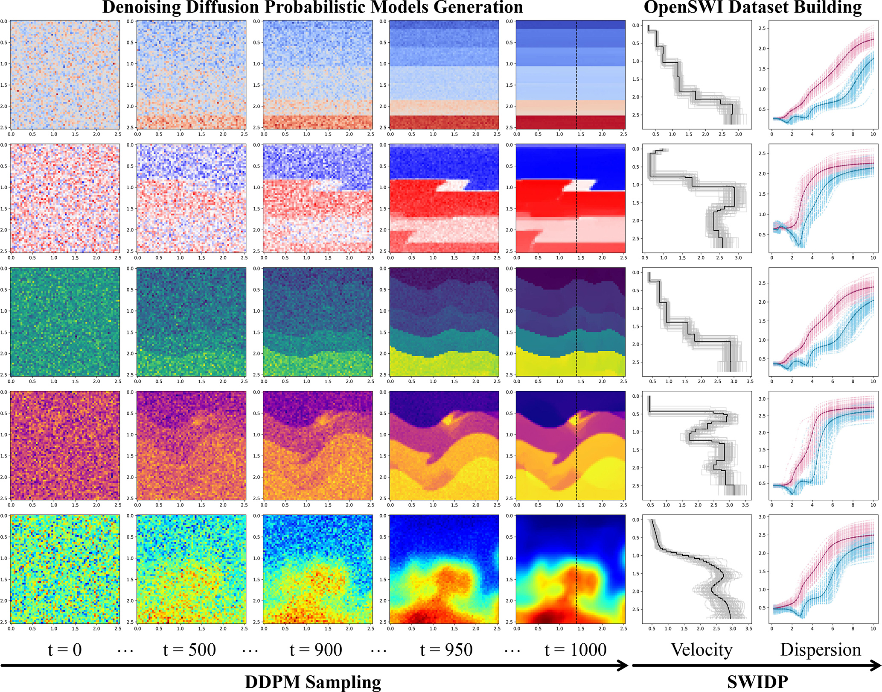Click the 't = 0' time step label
point(64,650)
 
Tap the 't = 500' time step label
point(189,650)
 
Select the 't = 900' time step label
point(316,650)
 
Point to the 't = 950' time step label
point(446,650)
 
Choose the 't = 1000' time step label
point(576,650)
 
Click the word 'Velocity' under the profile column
point(702,650)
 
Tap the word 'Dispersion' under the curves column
point(821,650)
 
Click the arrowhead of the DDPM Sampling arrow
point(624,666)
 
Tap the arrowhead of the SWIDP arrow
point(876,666)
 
